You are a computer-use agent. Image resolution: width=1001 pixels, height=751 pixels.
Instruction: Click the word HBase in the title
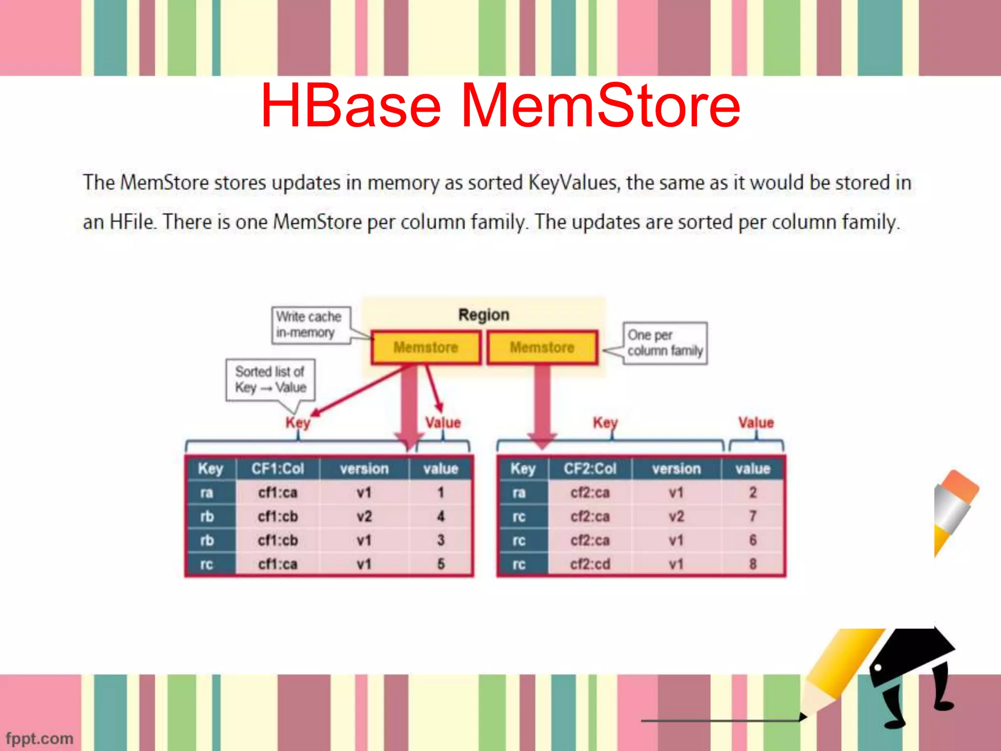(351, 106)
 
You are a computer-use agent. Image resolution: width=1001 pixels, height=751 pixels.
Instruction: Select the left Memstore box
(426, 348)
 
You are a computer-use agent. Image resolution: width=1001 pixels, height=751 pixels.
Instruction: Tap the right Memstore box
(542, 348)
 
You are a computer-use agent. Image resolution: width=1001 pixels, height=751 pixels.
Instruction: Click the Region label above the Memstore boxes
(483, 315)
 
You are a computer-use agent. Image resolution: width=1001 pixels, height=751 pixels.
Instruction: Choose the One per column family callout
(665, 343)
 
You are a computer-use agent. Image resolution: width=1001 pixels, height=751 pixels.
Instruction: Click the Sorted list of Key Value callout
(270, 379)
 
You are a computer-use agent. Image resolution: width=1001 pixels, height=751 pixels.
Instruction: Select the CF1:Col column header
(278, 468)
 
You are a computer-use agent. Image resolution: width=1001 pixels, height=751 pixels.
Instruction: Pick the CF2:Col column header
(590, 468)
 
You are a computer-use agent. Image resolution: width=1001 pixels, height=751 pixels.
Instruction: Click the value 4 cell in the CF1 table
(440, 516)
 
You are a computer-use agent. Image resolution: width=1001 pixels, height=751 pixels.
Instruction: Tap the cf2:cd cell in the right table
(590, 564)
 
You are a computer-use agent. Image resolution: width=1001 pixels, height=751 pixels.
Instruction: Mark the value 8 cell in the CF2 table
(753, 564)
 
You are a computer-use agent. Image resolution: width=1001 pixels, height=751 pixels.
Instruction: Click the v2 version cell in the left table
(364, 516)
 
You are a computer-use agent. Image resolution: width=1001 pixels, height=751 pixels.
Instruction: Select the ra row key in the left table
(207, 492)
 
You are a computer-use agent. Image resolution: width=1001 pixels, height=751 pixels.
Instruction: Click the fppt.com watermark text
(39, 738)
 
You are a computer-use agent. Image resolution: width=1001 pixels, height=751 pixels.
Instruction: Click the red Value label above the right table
(756, 422)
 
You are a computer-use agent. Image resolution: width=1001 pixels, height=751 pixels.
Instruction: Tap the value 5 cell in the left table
(440, 564)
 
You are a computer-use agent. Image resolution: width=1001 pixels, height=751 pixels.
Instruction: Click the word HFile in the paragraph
(132, 222)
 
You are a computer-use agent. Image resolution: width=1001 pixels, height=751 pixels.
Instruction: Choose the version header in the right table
(676, 468)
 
